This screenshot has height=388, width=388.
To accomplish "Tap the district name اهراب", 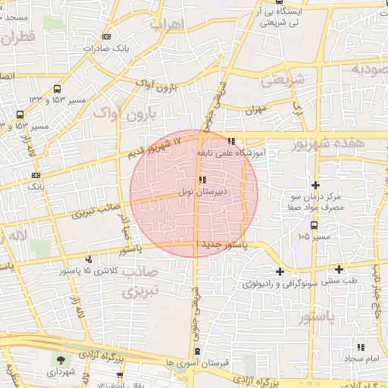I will point(167,24).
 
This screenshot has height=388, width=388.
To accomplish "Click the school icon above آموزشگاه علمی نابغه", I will point(231,141).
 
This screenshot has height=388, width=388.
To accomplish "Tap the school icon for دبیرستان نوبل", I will point(202,180).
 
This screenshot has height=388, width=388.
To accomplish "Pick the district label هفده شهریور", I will point(337,142).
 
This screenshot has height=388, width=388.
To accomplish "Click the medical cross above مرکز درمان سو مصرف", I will point(315,186).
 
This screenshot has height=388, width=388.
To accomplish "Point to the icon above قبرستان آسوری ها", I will point(198,352).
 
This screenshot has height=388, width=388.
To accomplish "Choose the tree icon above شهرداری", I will point(59,359).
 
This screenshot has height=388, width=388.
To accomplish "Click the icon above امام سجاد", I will point(361,346).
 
